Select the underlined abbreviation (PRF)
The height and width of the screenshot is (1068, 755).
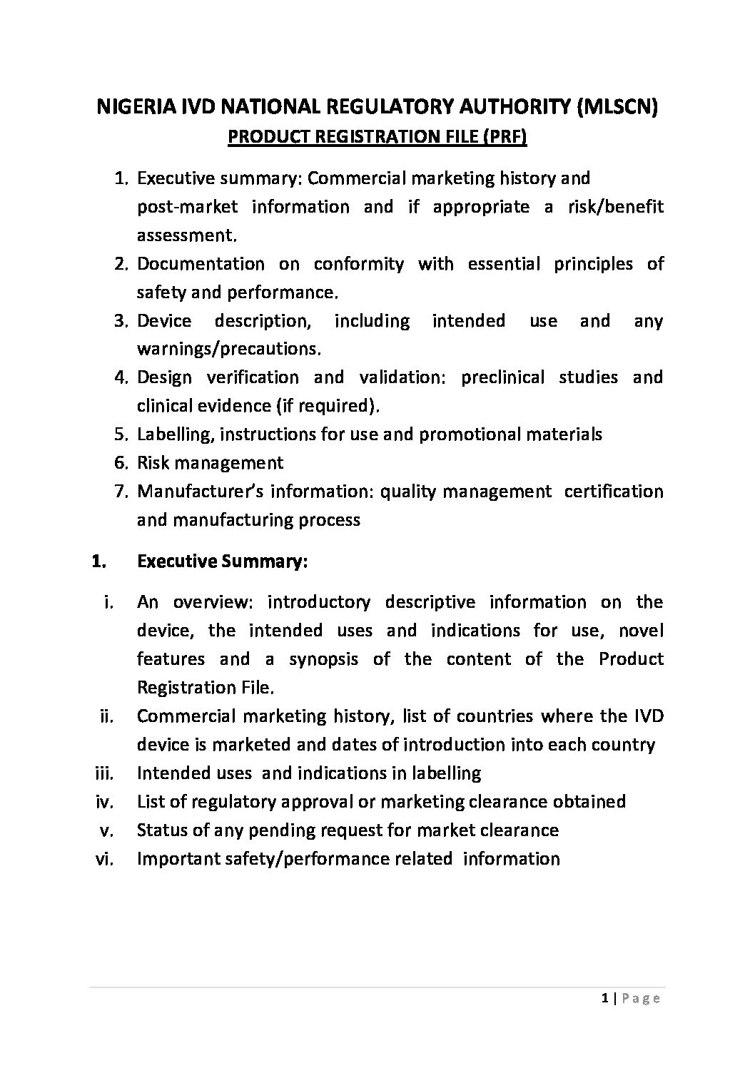(x=505, y=136)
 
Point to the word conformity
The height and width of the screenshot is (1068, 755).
(x=358, y=264)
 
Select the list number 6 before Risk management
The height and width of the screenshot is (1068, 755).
(x=119, y=462)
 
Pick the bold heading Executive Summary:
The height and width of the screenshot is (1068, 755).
(x=222, y=561)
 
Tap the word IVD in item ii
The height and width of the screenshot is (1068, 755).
(x=649, y=716)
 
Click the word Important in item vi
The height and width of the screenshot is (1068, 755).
(x=176, y=858)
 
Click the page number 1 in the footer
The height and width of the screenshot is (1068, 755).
(x=604, y=999)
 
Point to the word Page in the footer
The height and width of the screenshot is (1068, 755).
(x=641, y=999)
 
